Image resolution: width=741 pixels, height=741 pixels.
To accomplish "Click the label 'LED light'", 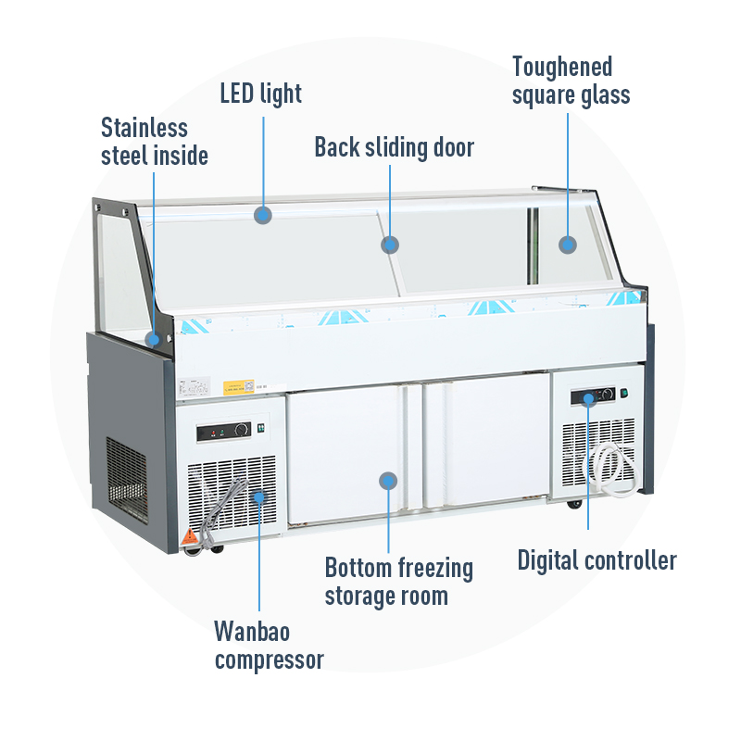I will coord(260,94).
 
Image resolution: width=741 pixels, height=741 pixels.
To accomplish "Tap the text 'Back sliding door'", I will coord(394,147).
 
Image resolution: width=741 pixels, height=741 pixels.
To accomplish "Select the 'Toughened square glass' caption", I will coord(571,81).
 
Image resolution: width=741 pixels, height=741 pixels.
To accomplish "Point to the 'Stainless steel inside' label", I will coord(154,142).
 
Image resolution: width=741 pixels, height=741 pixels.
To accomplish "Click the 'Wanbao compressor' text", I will coord(269,646).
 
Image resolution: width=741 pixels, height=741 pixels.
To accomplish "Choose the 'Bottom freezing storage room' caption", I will coord(398,581).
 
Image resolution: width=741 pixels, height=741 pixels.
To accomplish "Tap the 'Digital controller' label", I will coord(597,560).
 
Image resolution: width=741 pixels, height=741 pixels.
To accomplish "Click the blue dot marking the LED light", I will coord(263,215).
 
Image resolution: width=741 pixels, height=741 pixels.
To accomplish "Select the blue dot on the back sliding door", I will coord(390,245).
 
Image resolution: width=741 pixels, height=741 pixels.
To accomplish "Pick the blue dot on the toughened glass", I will coord(567,245).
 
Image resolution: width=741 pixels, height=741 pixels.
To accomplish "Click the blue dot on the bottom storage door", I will coord(388,481).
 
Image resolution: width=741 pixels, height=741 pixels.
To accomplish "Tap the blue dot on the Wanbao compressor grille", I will coord(258,497).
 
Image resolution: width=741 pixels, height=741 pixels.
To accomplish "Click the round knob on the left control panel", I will coord(242,430).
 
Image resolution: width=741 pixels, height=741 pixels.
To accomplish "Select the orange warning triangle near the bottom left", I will coord(189,535).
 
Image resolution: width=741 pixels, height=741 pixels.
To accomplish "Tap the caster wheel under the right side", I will coord(574,503).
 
